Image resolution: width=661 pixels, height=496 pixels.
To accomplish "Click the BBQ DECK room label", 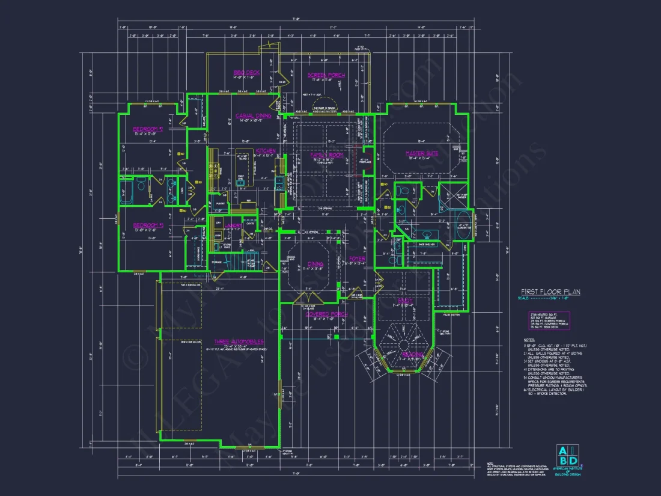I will (246, 73).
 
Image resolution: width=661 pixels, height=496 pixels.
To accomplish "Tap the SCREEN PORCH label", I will (326, 75).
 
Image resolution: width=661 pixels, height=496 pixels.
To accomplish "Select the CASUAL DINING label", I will (253, 116).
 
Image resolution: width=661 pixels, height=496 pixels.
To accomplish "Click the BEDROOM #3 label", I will (148, 225).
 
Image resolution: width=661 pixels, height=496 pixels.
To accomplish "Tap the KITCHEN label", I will (266, 151).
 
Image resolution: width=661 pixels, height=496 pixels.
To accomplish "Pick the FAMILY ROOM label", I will (326, 155).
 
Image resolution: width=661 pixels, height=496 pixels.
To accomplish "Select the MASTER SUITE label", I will (422, 153).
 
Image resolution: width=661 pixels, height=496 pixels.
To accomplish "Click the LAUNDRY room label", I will (234, 225).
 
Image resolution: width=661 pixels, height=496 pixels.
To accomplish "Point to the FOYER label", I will (357, 259).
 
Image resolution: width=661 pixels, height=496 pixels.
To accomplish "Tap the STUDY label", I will (403, 300).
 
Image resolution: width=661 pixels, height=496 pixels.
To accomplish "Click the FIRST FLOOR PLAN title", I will (550, 292).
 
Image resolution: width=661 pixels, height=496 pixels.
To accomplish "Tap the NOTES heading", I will (529, 340).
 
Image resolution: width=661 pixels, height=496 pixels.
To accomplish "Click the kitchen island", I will (244, 161).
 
